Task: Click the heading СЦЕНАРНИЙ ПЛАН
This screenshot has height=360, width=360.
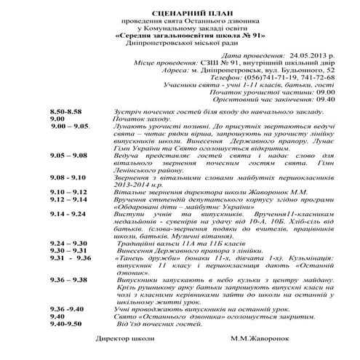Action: [180, 14]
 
